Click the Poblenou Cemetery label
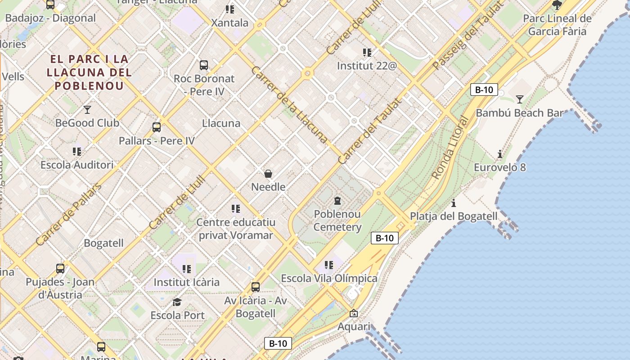pos(337,220)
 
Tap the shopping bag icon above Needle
pos(268,174)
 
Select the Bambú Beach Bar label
pos(519,113)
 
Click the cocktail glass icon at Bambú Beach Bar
pos(520,99)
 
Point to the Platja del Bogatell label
pos(454,216)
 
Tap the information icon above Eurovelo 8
pos(500,154)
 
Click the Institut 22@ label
pos(367,66)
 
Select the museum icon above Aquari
pos(354,313)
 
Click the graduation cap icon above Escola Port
pos(177,302)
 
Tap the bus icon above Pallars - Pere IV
pos(157,127)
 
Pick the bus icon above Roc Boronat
pos(204,65)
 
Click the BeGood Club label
pos(87,123)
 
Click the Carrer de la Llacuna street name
pos(289,104)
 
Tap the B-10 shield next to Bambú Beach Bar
pos(484,90)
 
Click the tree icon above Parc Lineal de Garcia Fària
pos(557,5)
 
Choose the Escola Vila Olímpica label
pos(329,278)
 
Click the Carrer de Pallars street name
pos(68,215)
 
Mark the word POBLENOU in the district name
pos(89,85)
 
